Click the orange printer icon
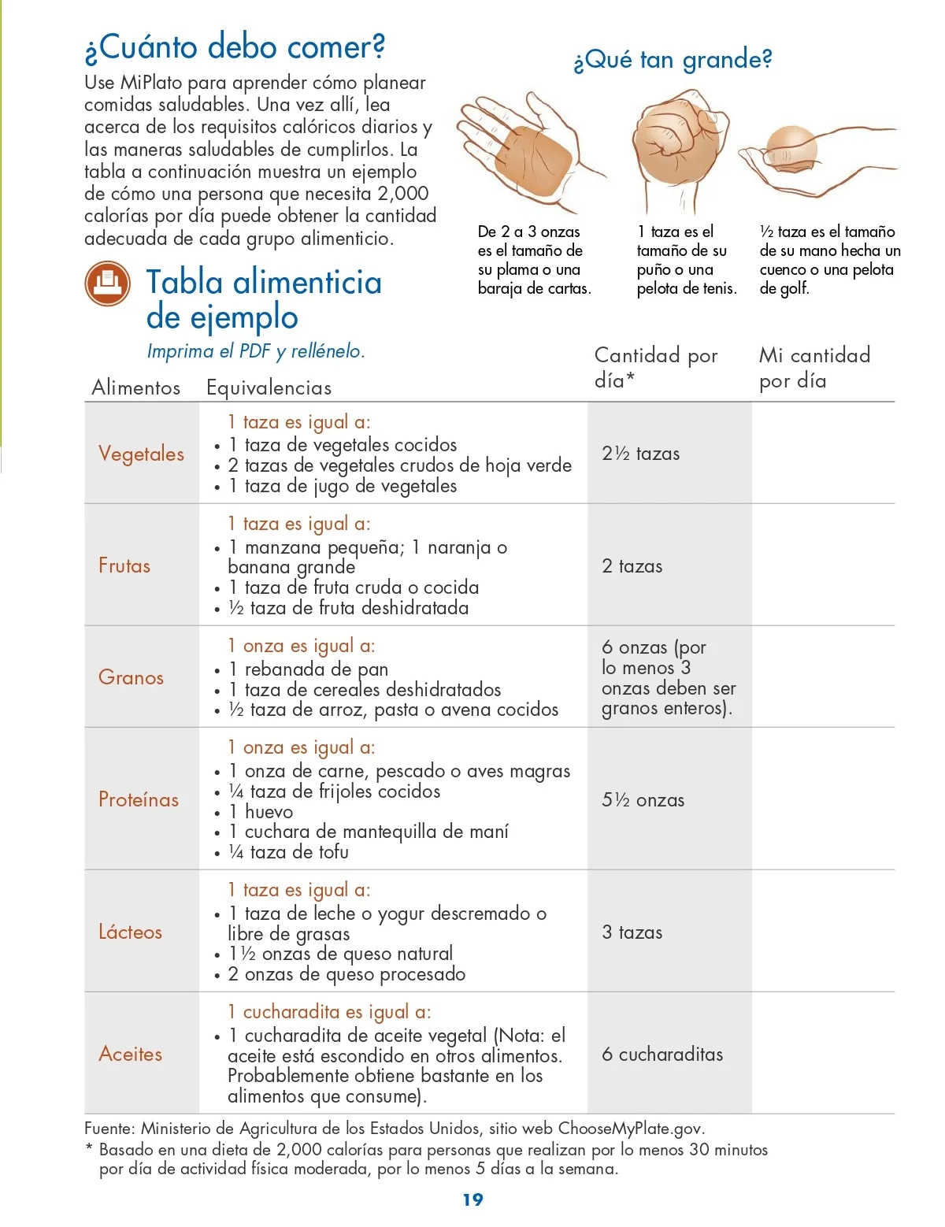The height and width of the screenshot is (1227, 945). point(107,284)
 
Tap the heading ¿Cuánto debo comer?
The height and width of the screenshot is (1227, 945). point(235,47)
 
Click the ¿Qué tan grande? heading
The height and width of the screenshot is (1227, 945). point(673,60)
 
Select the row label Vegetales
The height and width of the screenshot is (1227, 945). point(141,454)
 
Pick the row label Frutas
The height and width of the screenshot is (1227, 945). point(124,565)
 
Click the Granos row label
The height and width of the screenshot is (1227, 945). point(131,677)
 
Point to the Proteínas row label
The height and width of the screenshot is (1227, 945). point(139,799)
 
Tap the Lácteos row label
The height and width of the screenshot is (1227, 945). point(130,932)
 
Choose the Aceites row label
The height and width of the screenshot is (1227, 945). point(130,1054)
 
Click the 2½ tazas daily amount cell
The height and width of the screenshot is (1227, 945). point(640,454)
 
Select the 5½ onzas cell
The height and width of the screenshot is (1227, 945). point(643,800)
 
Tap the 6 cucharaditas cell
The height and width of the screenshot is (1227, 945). point(661,1055)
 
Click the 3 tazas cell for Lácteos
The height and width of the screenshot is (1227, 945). point(632,932)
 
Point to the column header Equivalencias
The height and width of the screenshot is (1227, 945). point(269,387)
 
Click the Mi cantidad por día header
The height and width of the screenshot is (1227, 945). point(814,368)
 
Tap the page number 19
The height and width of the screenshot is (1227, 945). point(472,1199)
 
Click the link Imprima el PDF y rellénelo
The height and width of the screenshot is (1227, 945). point(256,351)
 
